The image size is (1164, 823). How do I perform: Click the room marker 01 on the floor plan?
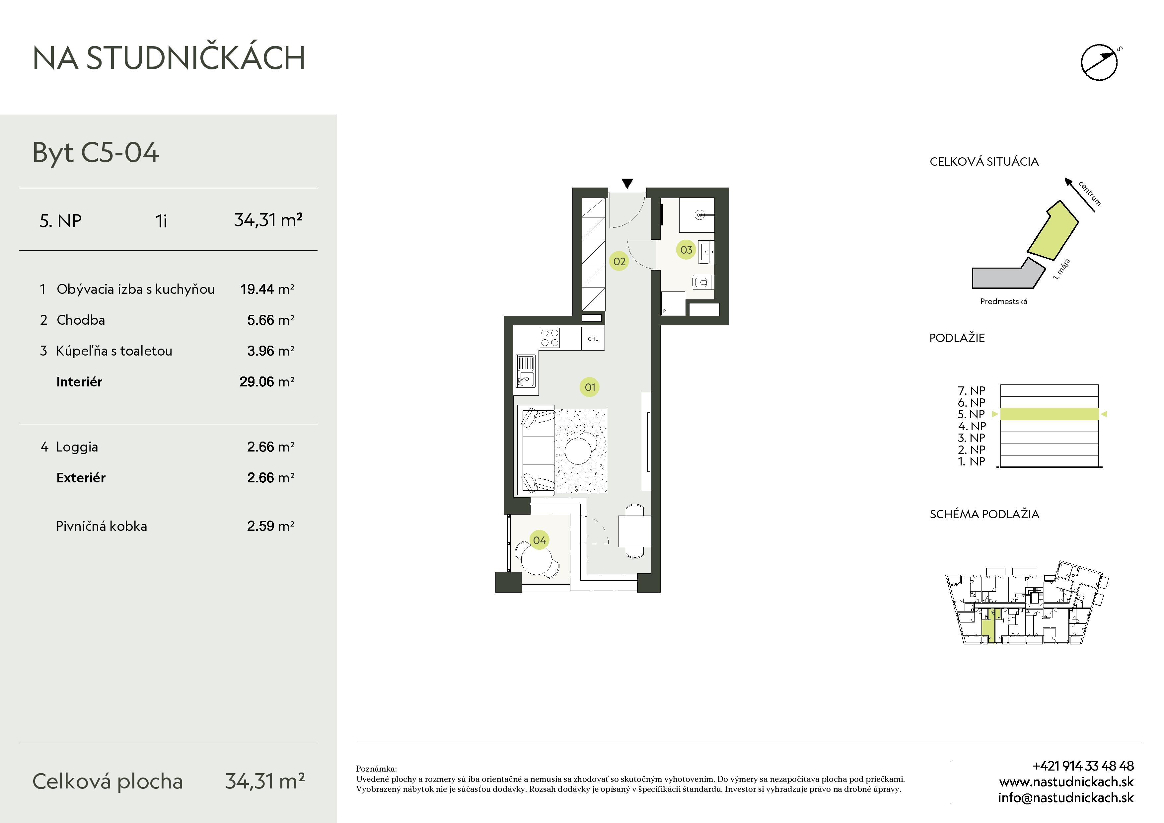pos(590,387)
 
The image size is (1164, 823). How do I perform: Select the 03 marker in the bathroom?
pos(686,249)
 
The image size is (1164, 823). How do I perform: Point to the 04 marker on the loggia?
pos(540,540)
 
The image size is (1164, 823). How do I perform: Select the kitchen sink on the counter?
pos(526,371)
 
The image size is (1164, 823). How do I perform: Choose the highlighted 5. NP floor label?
pos(971,414)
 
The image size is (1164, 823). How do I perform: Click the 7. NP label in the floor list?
pos(971,390)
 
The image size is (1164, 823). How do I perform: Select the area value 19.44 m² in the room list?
pos(267,289)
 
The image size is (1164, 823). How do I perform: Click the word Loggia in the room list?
pos(77,447)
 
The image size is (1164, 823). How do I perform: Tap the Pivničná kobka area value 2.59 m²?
pos(271,526)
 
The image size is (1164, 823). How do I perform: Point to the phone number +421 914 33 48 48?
pos(1083,766)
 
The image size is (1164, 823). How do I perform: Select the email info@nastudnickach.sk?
pos(1066,798)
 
